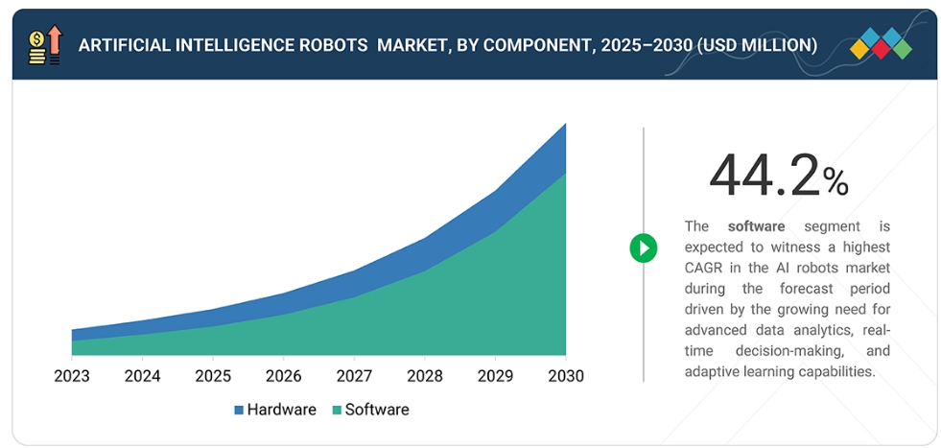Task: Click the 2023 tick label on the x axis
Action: pos(72,375)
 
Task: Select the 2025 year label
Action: pos(213,375)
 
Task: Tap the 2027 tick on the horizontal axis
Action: pos(354,375)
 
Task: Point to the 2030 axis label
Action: pos(566,375)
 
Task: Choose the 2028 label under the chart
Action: pos(425,375)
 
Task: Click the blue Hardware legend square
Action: pos(239,411)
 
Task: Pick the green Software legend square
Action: pos(337,411)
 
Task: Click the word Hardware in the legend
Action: pos(281,410)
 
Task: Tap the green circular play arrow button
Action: pos(643,248)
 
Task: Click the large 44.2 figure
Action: pos(765,176)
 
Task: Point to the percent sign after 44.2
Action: pos(835,182)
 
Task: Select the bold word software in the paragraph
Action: pos(756,226)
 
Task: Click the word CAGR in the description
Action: pos(704,268)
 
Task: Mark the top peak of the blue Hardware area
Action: pos(565,125)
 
